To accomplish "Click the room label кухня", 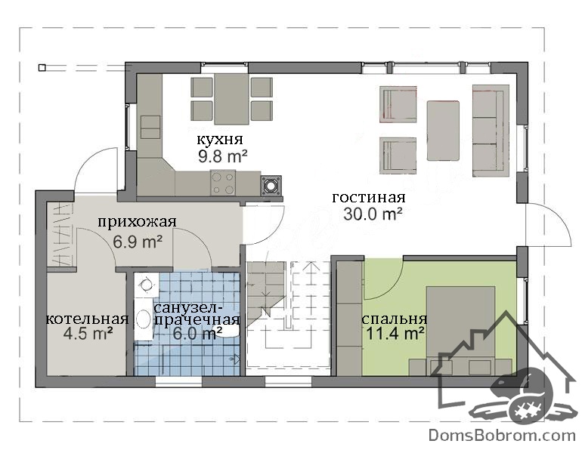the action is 219,140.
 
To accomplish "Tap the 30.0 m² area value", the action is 373,214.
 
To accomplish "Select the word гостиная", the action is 368,197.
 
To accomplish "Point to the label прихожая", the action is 137,222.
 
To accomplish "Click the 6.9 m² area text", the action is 138,242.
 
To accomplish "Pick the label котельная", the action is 87,319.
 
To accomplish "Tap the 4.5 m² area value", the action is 88,334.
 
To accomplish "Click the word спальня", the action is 395,319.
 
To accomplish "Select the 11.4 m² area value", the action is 395,334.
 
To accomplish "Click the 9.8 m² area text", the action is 223,156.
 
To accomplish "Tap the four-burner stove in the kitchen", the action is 223,183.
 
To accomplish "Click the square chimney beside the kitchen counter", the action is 271,185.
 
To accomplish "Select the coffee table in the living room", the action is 443,131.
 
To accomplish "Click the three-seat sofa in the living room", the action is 491,131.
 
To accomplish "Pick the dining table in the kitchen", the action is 231,99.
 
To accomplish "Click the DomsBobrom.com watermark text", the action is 502,435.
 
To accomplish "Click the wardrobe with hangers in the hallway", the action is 61,235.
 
